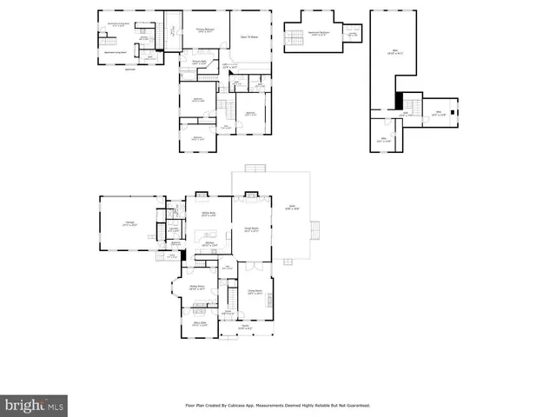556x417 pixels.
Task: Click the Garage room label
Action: pyautogui.click(x=129, y=224)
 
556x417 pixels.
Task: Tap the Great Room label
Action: pyautogui.click(x=252, y=229)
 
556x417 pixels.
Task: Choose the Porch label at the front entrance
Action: pyautogui.click(x=246, y=328)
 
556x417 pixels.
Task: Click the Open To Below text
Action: pyautogui.click(x=250, y=37)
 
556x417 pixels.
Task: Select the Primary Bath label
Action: pyautogui.click(x=199, y=63)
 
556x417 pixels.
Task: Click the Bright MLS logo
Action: pyautogui.click(x=35, y=405)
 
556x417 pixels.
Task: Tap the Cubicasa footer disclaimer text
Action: pyautogui.click(x=278, y=405)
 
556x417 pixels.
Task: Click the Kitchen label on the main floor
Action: pyautogui.click(x=208, y=246)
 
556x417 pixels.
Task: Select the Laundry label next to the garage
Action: pyautogui.click(x=174, y=229)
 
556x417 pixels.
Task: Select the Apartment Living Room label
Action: pyautogui.click(x=117, y=25)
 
